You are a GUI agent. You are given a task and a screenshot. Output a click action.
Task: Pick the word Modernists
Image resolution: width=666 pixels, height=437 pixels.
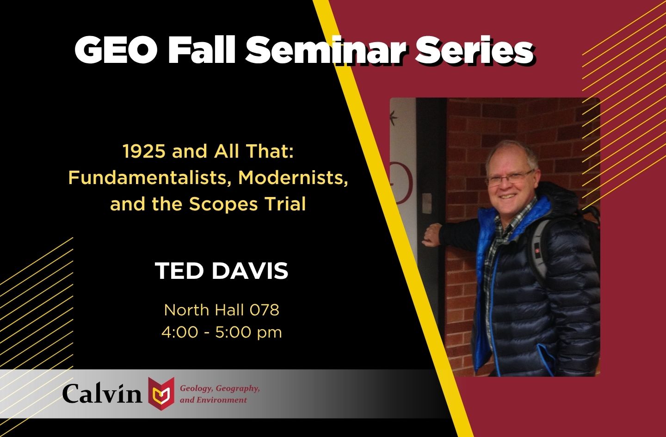(x=293, y=178)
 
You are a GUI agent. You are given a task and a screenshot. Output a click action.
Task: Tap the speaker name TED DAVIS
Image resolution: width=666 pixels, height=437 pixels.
(x=222, y=271)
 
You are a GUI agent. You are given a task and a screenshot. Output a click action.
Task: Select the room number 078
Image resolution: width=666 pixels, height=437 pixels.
(x=264, y=310)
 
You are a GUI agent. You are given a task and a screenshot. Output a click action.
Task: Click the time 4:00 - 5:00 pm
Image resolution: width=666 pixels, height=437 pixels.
(x=222, y=332)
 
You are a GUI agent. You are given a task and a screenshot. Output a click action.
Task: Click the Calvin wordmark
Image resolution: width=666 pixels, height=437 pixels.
(x=102, y=394)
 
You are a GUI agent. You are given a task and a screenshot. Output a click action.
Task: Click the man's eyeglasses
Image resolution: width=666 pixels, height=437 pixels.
(x=509, y=178)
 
